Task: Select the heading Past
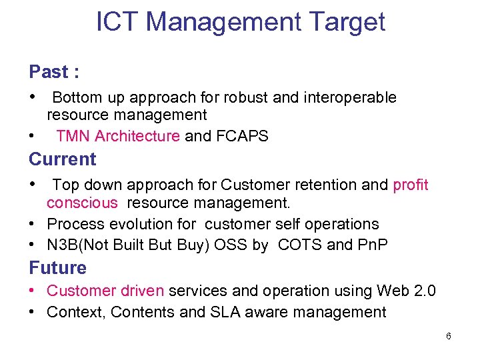coord(49,72)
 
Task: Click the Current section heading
coord(63,159)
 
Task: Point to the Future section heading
coord(57,268)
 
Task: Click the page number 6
coord(449,336)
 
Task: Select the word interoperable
coord(350,97)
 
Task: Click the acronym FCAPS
coord(243,137)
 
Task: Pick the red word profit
coord(411,185)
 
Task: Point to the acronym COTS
coord(299,245)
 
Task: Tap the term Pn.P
coord(372,245)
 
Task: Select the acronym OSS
coord(233,245)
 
